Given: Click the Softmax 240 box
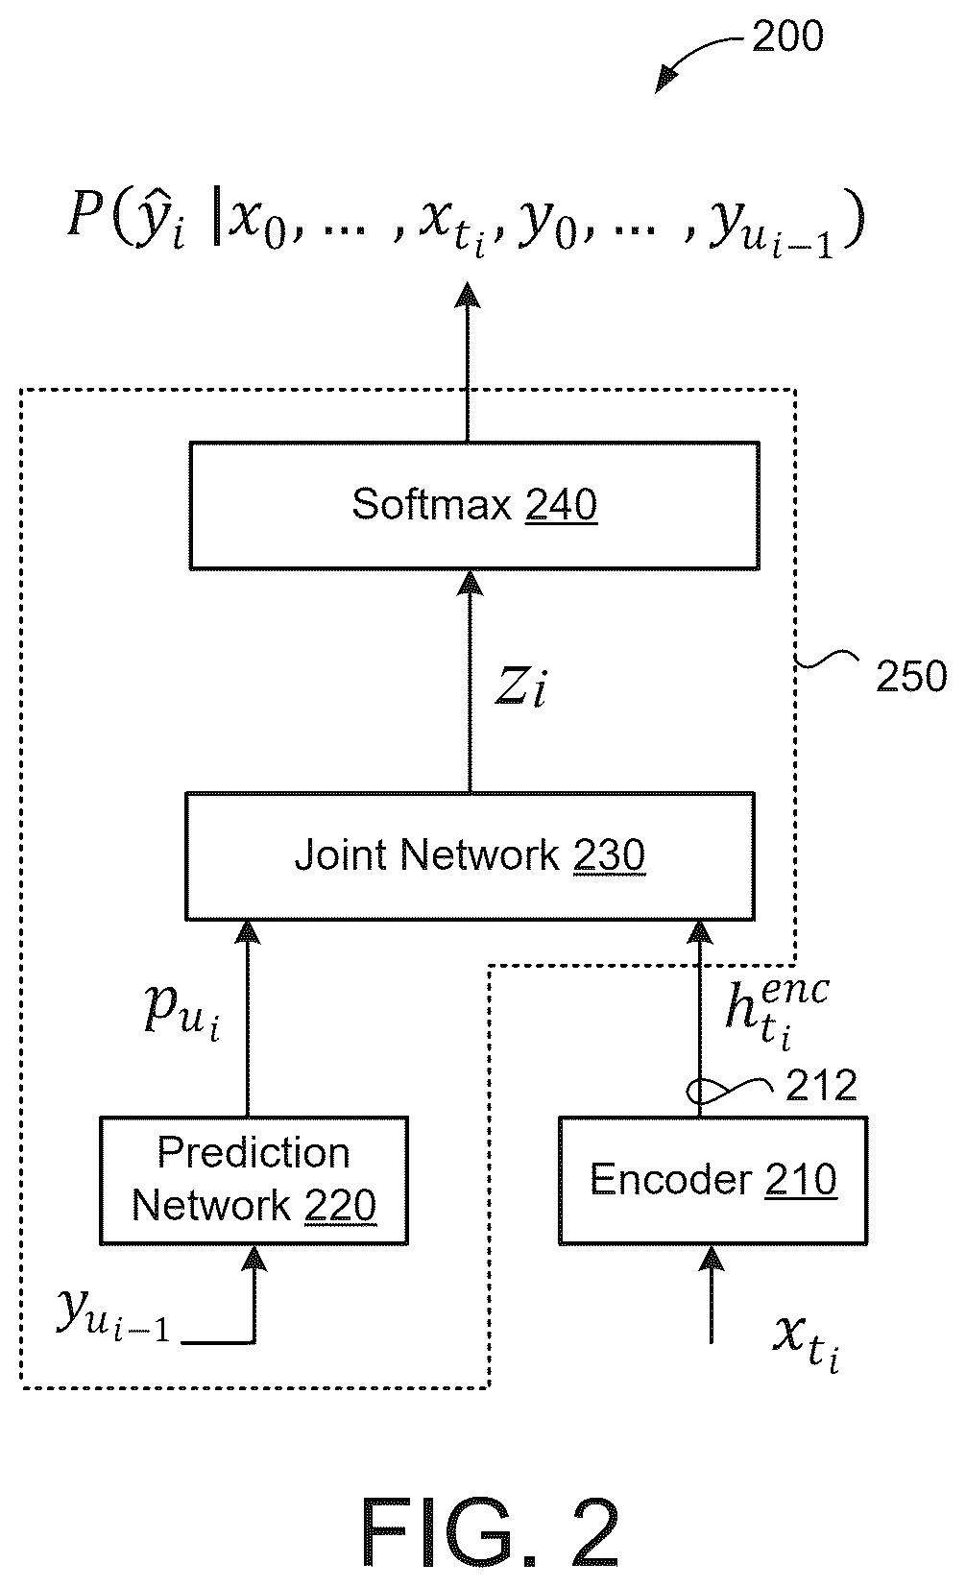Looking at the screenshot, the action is pos(474,505).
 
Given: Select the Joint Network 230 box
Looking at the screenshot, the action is pos(470,855).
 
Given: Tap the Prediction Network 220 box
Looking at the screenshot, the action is pos(254,1180).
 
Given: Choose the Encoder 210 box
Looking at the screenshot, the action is pos(713,1180).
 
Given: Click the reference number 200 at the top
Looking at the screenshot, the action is pos(788,36).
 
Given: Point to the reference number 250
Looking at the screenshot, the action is pos(911,676).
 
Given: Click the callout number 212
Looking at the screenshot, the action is pos(821,1086).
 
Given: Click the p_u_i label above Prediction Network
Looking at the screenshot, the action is pos(182,1012).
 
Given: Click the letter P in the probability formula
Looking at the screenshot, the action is pos(85,213).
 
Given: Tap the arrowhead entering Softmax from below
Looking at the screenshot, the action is pos(470,584).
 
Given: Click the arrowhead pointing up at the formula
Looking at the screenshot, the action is pos(468,295).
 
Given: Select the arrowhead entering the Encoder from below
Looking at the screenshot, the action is pos(712,1259).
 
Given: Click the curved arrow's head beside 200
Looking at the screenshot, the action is pos(664,81).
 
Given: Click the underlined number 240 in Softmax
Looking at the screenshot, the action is pos(562,504).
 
